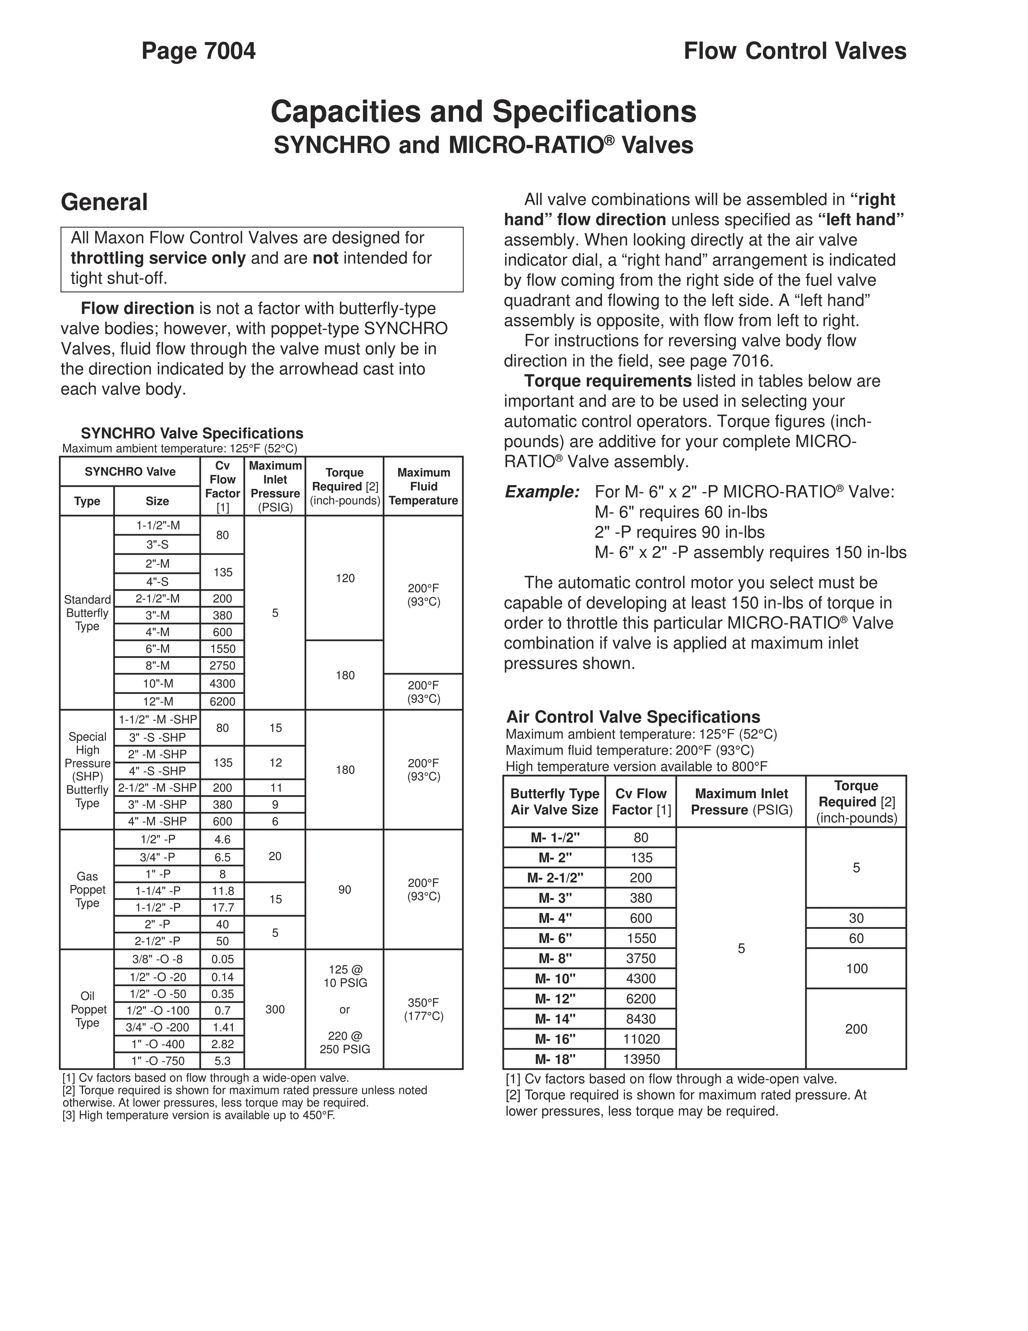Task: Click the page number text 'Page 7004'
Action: (x=198, y=51)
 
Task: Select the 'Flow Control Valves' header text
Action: (x=794, y=51)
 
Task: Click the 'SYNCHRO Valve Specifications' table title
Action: (x=192, y=433)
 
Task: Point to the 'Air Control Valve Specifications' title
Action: (x=633, y=717)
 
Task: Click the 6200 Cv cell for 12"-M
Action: (x=222, y=702)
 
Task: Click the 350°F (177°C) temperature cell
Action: (x=423, y=1009)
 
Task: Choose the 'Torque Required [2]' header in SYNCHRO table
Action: (x=345, y=486)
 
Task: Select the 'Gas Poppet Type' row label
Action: (x=87, y=890)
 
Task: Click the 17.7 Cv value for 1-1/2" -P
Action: (x=222, y=908)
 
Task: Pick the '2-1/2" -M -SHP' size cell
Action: (x=157, y=787)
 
